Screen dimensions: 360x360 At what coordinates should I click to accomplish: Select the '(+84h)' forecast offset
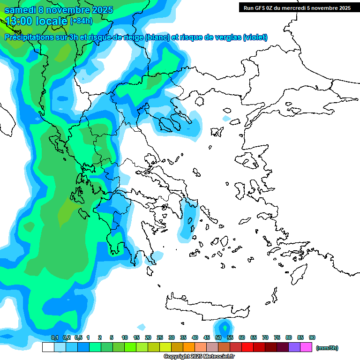coord(81,21)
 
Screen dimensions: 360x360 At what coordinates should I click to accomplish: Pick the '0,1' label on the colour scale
coord(54,337)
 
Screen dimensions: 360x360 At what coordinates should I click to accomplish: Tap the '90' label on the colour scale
coord(312,337)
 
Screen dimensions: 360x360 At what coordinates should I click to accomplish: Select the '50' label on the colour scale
coord(218,337)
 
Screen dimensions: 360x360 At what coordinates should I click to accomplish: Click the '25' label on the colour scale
coord(160,337)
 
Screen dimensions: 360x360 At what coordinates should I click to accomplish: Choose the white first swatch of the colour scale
coord(48,347)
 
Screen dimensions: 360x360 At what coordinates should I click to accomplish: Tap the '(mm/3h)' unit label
coord(327,348)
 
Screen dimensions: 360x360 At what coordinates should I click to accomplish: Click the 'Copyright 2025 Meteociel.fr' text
coord(199,356)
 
